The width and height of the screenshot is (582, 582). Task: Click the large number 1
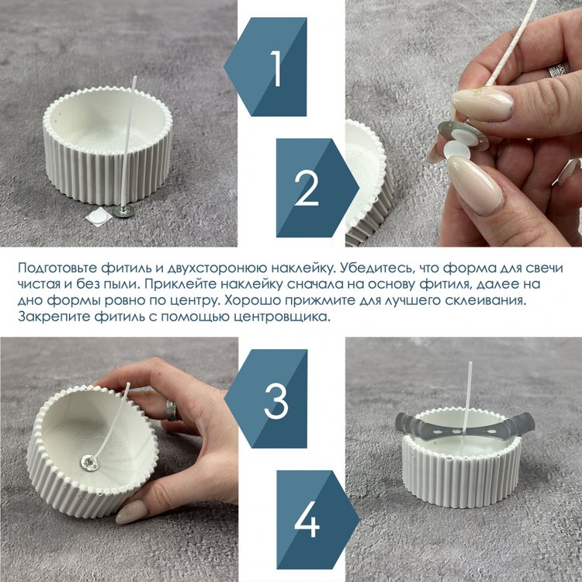(x=276, y=68)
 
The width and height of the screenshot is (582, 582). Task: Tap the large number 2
(x=307, y=188)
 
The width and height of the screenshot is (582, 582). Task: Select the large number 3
(x=275, y=401)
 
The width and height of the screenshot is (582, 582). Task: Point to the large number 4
(x=307, y=519)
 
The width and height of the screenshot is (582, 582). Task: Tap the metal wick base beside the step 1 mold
(x=123, y=211)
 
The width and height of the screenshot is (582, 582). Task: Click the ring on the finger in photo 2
(x=559, y=69)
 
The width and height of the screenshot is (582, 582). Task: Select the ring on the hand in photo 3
(x=171, y=411)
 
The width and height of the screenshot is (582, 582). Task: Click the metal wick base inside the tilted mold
(x=90, y=462)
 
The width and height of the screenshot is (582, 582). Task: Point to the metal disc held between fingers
(x=462, y=136)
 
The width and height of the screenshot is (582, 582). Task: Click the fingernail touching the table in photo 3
(x=132, y=512)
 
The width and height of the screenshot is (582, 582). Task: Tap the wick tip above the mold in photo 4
(x=470, y=364)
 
